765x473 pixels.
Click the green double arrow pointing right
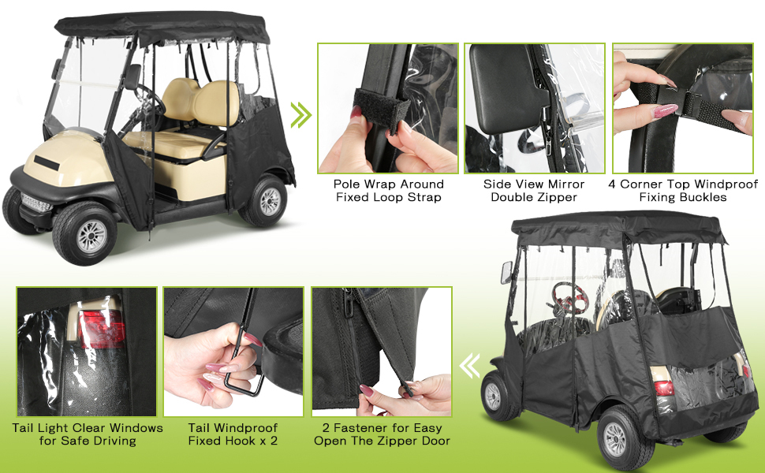(x=301, y=115)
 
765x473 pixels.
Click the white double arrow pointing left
(x=470, y=366)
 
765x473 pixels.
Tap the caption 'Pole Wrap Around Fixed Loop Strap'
(x=388, y=191)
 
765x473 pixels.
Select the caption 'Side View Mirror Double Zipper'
(x=534, y=191)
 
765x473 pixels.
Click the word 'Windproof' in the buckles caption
(x=726, y=184)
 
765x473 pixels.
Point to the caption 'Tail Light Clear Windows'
(x=88, y=427)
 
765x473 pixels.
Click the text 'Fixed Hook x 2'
(x=233, y=441)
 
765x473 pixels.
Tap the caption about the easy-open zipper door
(x=382, y=434)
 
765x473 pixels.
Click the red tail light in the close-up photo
(x=102, y=330)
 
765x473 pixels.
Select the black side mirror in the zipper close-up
(x=505, y=89)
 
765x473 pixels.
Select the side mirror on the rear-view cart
(x=506, y=273)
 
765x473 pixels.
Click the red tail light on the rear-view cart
(x=663, y=388)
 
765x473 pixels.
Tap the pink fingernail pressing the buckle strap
(x=665, y=110)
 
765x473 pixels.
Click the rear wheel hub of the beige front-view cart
(x=269, y=201)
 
